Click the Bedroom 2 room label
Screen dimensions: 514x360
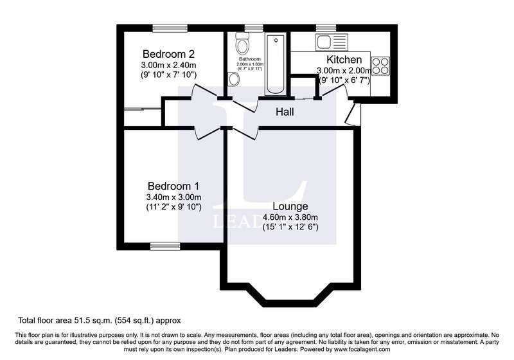169,53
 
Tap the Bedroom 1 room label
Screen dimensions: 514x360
173,186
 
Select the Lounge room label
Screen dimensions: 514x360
290,206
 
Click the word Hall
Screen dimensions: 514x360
285,112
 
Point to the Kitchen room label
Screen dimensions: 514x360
344,60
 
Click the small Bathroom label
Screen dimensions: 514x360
250,59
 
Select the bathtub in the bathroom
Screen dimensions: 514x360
276,64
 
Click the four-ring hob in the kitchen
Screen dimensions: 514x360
380,66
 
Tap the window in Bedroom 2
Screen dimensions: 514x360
170,28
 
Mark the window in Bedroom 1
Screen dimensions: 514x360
165,246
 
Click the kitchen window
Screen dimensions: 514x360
326,28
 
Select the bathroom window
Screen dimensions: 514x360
254,28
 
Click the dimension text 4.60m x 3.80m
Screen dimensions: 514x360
290,217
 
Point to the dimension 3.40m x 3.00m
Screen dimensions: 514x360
173,197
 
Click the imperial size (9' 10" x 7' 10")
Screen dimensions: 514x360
168,75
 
